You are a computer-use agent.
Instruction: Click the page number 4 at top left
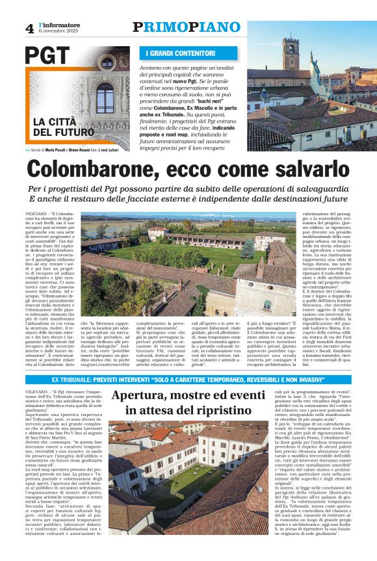29,28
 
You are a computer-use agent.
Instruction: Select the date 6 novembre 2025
58,31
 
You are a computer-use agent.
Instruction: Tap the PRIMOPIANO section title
187,27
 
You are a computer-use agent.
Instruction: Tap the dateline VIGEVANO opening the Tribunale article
38,393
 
